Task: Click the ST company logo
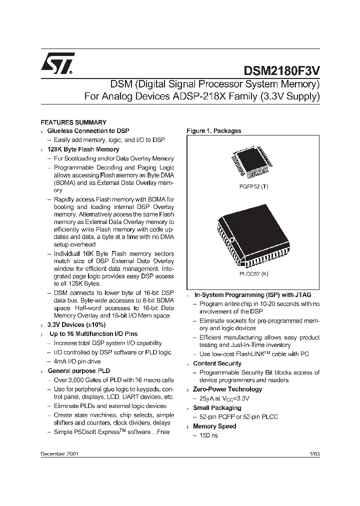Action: (58, 64)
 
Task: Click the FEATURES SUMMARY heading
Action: (73, 122)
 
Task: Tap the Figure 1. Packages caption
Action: (213, 131)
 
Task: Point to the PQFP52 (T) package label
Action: (254, 185)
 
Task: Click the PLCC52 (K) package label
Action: (254, 274)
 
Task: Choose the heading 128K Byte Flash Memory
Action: (83, 149)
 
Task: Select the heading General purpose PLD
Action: (78, 371)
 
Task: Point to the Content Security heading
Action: (217, 363)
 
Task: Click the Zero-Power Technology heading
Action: (227, 389)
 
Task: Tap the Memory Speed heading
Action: (214, 426)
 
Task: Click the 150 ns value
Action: (208, 435)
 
